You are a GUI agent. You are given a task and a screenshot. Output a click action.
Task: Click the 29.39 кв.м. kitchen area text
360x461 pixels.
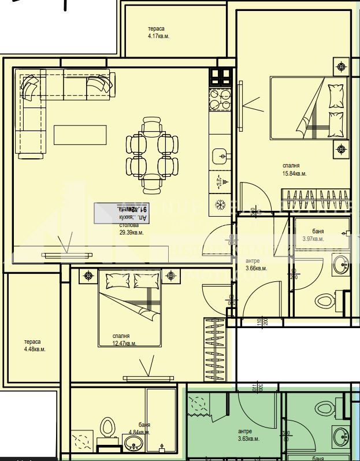click(x=131, y=232)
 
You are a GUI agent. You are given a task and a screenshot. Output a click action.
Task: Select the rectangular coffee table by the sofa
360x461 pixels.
click(x=80, y=135)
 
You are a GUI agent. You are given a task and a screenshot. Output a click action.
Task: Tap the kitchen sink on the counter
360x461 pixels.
click(x=220, y=155)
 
